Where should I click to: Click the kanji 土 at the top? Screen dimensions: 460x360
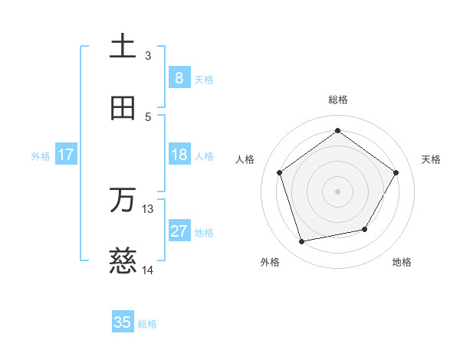(123, 46)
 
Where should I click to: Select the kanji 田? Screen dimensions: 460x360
(123, 108)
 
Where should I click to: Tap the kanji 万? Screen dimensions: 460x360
(123, 200)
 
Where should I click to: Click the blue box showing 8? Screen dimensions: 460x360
(179, 77)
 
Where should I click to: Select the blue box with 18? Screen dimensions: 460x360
(179, 155)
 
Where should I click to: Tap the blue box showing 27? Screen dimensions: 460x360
(179, 232)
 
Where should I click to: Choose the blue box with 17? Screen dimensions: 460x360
(65, 155)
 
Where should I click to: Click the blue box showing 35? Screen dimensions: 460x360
(123, 322)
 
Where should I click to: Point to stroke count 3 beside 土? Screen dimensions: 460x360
(148, 55)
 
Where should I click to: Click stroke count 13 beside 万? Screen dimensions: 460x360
(148, 208)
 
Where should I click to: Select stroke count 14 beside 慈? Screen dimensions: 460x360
(148, 270)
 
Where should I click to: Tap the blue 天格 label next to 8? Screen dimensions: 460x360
(204, 79)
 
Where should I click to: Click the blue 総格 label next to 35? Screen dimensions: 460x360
(147, 324)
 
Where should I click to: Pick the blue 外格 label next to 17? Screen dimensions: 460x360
(41, 156)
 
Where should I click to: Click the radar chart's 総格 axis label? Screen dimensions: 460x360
(337, 100)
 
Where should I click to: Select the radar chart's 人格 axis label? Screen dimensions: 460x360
(245, 159)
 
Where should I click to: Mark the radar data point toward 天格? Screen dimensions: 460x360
(396, 172)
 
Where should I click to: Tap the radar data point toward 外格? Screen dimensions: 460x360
(302, 241)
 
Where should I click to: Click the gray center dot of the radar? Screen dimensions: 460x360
(337, 191)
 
